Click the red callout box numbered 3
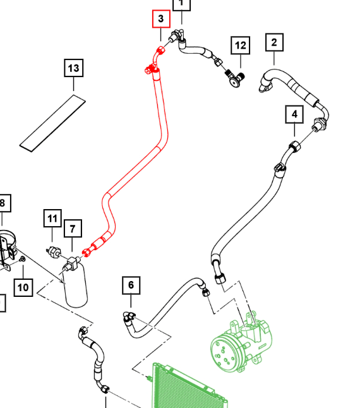pyautogui.click(x=161, y=19)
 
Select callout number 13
pyautogui.click(x=74, y=68)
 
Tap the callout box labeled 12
pyautogui.click(x=241, y=45)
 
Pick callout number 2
pyautogui.click(x=275, y=42)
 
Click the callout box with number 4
pyautogui.click(x=294, y=114)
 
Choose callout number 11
pyautogui.click(x=52, y=218)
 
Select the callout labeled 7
pyautogui.click(x=73, y=229)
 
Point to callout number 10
pyautogui.click(x=23, y=287)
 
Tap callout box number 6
pyautogui.click(x=131, y=285)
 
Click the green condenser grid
pyautogui.click(x=188, y=388)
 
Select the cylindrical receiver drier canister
pyautogui.click(x=75, y=285)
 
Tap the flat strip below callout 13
pyautogui.click(x=52, y=123)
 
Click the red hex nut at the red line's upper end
pyautogui.click(x=160, y=50)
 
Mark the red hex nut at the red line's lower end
pyautogui.click(x=86, y=253)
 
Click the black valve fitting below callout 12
pyautogui.click(x=235, y=78)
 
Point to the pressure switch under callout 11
pyautogui.click(x=54, y=251)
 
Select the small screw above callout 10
pyautogui.click(x=23, y=259)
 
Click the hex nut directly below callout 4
pyautogui.click(x=295, y=146)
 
